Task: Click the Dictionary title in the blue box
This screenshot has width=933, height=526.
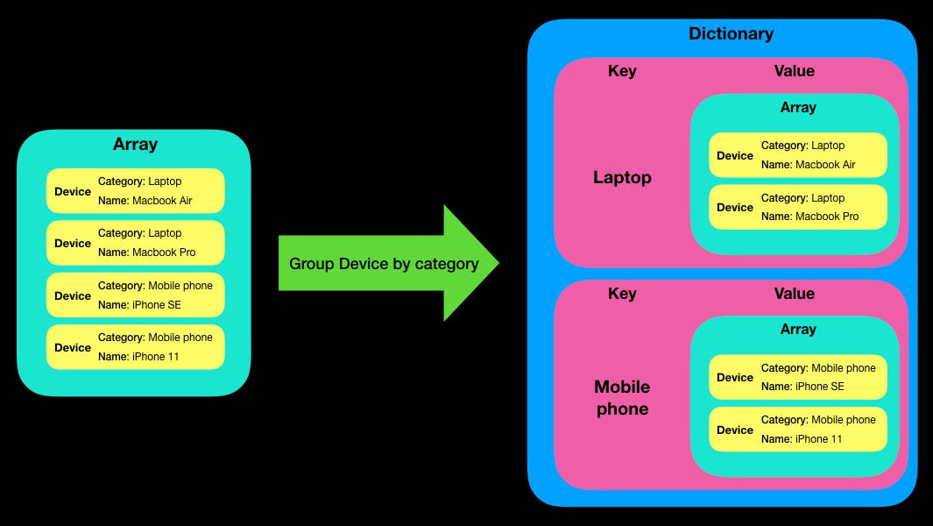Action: [731, 34]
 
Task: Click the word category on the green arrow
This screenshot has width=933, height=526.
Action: [448, 264]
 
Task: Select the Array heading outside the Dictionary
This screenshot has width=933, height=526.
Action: [135, 145]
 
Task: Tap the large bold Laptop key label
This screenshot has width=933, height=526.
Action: [622, 178]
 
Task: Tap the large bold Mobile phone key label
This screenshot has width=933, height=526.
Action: [622, 398]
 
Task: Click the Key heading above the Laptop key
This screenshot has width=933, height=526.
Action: [622, 71]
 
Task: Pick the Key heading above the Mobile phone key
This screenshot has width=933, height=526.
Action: [622, 294]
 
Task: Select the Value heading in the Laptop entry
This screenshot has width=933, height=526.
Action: [794, 71]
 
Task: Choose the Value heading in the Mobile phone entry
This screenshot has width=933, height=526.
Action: [794, 294]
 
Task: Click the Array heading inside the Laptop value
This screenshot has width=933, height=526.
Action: [797, 108]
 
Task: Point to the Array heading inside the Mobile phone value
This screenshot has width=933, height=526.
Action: [797, 330]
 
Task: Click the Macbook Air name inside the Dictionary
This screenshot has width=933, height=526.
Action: [825, 165]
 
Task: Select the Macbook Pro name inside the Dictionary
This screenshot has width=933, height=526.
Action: [826, 217]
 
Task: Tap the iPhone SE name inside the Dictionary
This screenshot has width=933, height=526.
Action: [820, 387]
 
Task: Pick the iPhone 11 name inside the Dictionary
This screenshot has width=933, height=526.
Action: [818, 438]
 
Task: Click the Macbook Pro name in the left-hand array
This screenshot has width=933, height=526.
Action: [164, 252]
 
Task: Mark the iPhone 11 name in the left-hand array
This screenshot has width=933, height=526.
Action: [155, 357]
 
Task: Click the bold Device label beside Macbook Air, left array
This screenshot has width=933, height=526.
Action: [73, 191]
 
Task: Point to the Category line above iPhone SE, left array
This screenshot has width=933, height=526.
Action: [155, 286]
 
